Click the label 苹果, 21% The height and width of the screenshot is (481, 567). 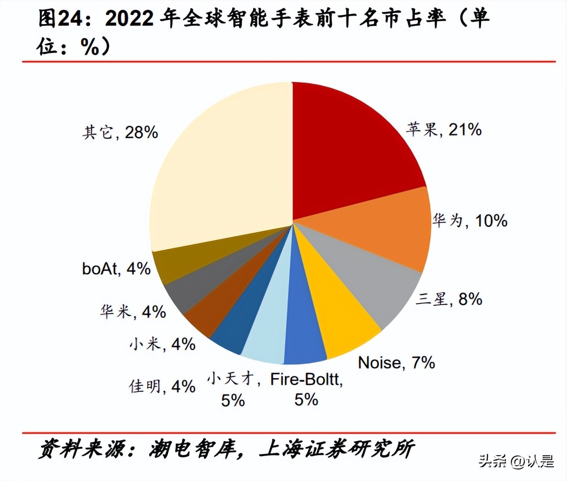click(444, 129)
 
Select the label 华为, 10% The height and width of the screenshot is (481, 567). click(469, 221)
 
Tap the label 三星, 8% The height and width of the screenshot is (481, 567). click(449, 299)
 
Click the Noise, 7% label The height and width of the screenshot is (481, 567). click(396, 363)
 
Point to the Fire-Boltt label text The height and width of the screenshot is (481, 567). click(306, 380)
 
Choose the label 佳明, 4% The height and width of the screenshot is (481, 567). click(162, 386)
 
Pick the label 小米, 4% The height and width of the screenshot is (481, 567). click(162, 344)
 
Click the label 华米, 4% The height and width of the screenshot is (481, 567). click(133, 312)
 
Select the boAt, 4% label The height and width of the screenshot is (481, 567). click(116, 269)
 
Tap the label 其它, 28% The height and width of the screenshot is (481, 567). click(120, 133)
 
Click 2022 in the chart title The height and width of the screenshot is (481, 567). click(130, 19)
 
